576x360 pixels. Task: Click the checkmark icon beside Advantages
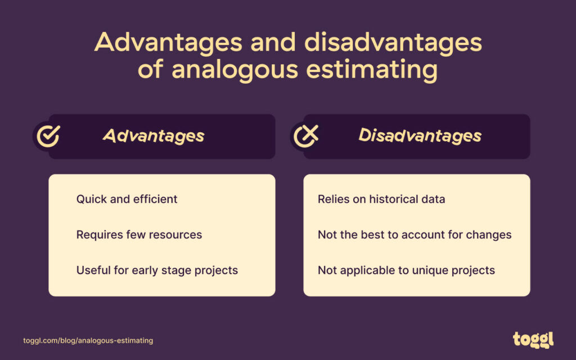tap(48, 136)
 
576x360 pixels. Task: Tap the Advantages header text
tap(154, 136)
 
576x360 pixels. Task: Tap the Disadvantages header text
tap(420, 136)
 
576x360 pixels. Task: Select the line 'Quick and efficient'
tap(127, 199)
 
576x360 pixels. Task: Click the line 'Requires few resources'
tap(139, 235)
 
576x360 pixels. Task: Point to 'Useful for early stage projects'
tap(157, 270)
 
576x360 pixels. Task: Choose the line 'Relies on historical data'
tap(381, 199)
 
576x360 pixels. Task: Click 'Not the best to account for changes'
tap(415, 235)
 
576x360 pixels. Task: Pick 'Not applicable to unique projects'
tap(406, 270)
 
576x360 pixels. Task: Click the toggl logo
tap(533, 339)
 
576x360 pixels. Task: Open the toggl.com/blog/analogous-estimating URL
tap(88, 341)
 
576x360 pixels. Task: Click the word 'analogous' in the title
tap(238, 71)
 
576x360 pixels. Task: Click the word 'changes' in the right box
tap(491, 235)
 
